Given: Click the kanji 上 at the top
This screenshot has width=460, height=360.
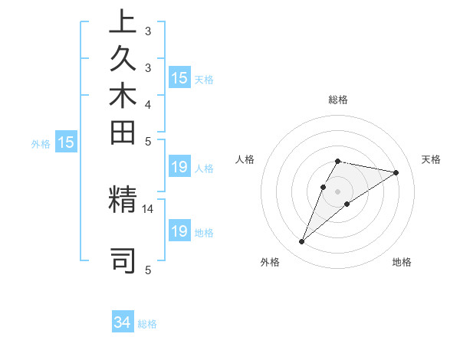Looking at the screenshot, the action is click(123, 24).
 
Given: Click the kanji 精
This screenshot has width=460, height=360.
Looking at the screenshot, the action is click(123, 200).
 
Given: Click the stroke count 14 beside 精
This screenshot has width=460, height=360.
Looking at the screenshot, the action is click(149, 208).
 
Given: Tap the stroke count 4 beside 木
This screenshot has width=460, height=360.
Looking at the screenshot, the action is click(148, 104).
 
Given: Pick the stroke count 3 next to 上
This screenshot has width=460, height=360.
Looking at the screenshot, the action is click(148, 32).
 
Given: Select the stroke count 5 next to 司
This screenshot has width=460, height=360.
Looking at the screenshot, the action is click(148, 270).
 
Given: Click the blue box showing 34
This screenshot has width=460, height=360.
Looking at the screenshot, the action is click(123, 322).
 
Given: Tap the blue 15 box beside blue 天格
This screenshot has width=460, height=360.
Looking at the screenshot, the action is click(179, 78).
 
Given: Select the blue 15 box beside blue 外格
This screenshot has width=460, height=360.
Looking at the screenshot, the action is click(66, 142).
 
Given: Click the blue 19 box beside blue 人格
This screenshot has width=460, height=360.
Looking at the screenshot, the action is click(179, 168).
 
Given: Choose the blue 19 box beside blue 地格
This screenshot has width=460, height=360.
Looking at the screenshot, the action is click(179, 231).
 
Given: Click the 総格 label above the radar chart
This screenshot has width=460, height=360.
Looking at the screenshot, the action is click(338, 100).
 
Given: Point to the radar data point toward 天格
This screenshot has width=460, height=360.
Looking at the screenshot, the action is click(396, 172).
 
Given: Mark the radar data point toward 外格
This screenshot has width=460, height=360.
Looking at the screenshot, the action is click(302, 242).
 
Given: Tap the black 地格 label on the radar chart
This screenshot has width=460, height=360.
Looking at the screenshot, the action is click(402, 263).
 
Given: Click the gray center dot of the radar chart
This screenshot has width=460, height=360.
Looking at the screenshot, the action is click(338, 191).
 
